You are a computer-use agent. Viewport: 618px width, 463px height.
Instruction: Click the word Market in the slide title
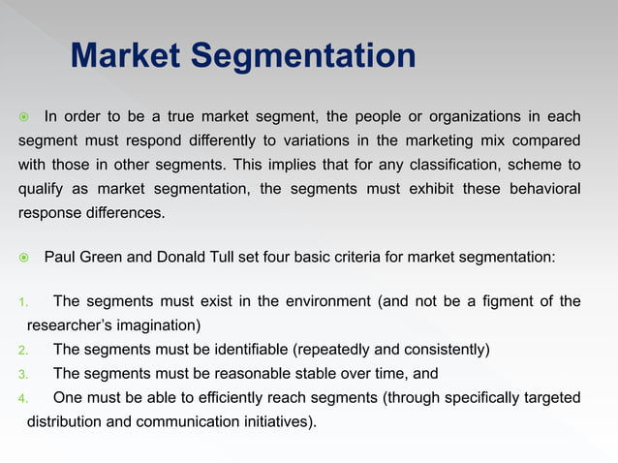coord(124,56)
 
